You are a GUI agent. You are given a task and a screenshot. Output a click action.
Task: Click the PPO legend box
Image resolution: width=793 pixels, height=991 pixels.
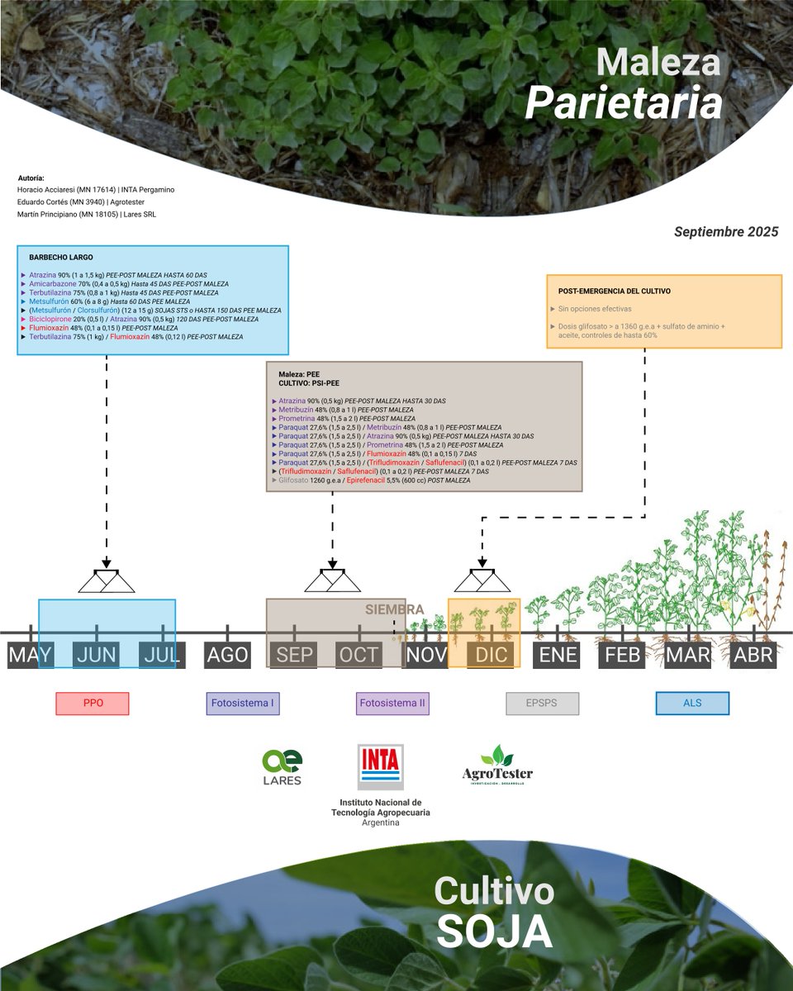point(93,704)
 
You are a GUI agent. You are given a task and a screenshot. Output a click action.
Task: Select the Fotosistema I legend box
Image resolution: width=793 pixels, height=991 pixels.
point(243,704)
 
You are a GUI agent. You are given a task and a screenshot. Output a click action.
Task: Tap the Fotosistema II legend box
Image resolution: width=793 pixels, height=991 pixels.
point(393,704)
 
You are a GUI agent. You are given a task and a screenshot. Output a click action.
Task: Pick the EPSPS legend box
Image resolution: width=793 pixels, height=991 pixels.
point(542,704)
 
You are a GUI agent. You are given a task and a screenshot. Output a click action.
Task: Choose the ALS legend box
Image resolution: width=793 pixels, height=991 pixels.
point(692,704)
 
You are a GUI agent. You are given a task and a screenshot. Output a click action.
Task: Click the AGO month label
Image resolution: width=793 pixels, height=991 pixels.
point(227,656)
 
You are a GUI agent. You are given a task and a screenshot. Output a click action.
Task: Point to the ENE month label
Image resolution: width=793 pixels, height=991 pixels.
point(558,656)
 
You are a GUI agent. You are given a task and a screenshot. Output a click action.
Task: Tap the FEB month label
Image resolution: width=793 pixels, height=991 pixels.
point(624,656)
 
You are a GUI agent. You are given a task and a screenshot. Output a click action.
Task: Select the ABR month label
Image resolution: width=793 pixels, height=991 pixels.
point(753,656)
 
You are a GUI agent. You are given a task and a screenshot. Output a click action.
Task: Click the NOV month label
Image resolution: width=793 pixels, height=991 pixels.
point(425,656)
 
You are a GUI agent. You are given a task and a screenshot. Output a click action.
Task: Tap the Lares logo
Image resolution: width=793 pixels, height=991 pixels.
point(282,767)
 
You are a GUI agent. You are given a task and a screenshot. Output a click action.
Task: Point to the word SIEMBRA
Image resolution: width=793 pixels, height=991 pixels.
point(395,609)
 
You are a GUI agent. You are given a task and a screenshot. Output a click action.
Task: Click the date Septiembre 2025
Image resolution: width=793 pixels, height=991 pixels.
point(726,232)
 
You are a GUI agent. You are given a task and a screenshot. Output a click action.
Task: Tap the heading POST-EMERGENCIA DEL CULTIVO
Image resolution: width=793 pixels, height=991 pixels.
point(615,292)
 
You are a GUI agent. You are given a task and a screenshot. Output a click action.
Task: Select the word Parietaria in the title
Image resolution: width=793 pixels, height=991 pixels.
point(624,104)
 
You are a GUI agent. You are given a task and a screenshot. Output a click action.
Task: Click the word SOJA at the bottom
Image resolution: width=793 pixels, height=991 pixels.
point(494,932)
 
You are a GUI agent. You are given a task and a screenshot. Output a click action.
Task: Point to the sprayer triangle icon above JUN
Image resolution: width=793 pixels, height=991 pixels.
point(107,581)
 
